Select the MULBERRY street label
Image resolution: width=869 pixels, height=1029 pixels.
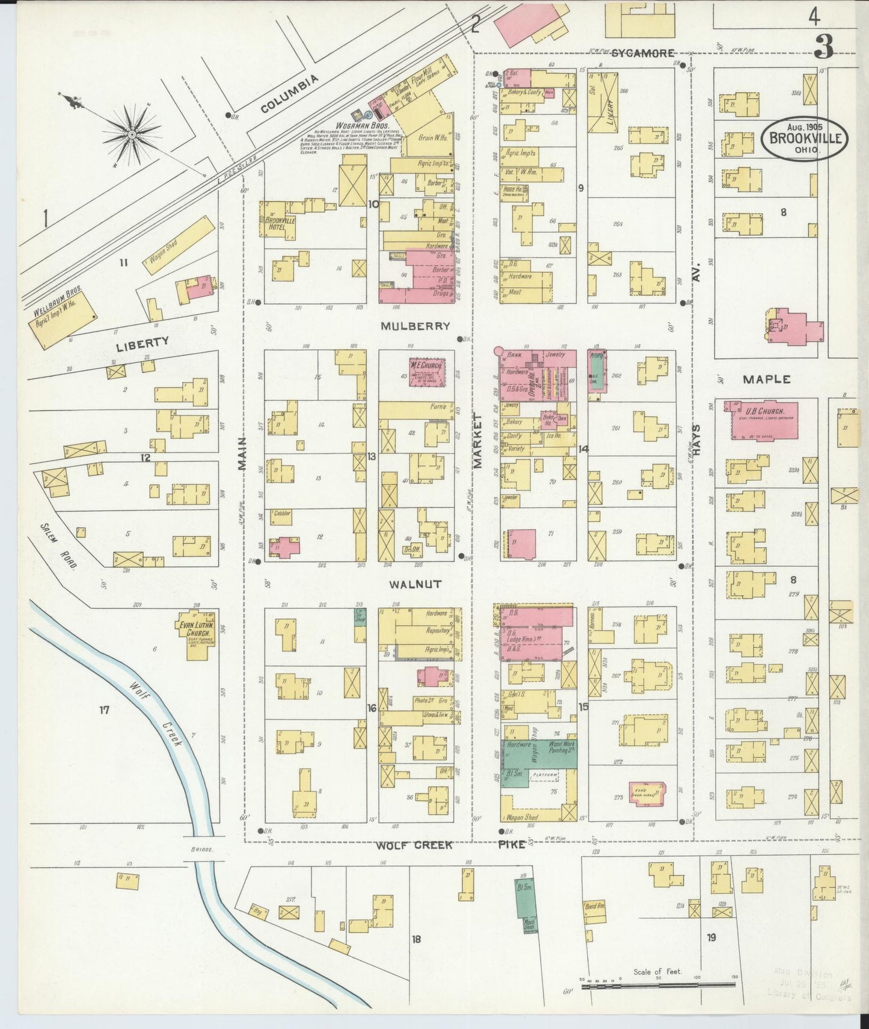pos(416,326)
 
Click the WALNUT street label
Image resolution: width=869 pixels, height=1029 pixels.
pos(415,584)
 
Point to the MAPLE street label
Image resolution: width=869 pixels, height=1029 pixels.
pos(766,380)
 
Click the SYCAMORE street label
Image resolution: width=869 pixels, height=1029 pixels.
pos(643,53)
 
